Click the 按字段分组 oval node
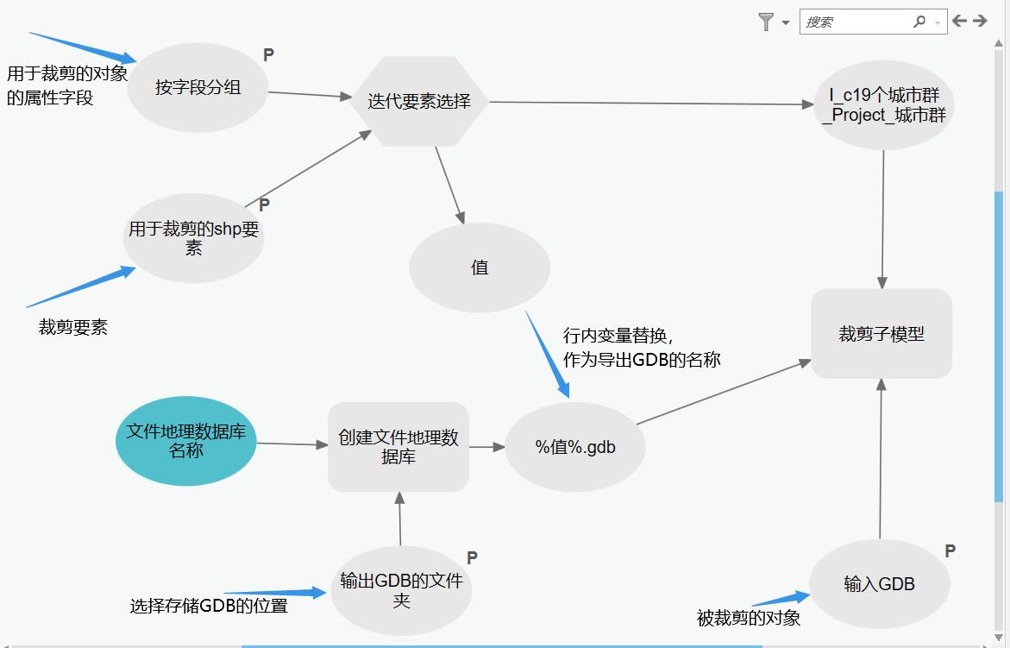[x=198, y=87]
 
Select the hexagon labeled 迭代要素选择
[x=419, y=102]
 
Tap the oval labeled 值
[x=480, y=267]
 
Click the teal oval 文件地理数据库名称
[x=185, y=441]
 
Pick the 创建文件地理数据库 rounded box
[x=398, y=447]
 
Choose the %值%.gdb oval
[x=575, y=447]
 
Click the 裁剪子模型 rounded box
[x=881, y=334]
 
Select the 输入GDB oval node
[x=880, y=584]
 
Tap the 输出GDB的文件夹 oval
[x=401, y=590]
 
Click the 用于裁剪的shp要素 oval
[x=193, y=238]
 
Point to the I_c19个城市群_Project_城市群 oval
[x=884, y=105]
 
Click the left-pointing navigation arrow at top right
[x=959, y=21]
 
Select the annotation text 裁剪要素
[x=73, y=327]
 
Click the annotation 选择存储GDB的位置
[x=209, y=606]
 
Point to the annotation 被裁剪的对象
[x=749, y=618]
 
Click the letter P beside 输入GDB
[x=950, y=551]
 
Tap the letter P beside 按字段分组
[x=268, y=55]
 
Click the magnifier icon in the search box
[x=919, y=22]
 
